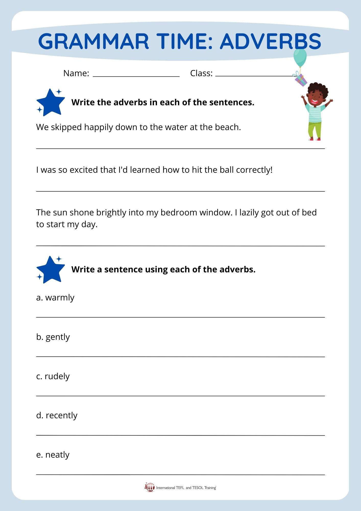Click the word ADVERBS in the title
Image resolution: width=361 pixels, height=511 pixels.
(x=270, y=41)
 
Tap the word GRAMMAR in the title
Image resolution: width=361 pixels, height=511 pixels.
(x=93, y=41)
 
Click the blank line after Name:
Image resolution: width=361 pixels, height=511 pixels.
(x=136, y=76)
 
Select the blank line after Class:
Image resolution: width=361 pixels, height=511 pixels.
(x=254, y=76)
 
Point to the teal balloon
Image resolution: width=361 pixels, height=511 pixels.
(x=300, y=57)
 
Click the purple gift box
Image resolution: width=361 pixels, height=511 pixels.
(x=301, y=80)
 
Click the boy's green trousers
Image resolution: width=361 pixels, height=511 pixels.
(x=315, y=129)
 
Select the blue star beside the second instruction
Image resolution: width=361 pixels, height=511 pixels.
(x=51, y=270)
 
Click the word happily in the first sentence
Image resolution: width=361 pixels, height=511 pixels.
(x=98, y=127)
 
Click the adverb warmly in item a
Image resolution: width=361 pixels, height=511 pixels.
(x=60, y=298)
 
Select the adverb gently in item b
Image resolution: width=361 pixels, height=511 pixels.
(x=58, y=337)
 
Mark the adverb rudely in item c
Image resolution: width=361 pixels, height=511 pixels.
(x=57, y=376)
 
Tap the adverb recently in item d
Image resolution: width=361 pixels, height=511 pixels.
(x=62, y=415)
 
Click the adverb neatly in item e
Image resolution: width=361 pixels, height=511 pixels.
(x=57, y=455)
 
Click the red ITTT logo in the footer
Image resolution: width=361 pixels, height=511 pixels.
(x=150, y=487)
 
